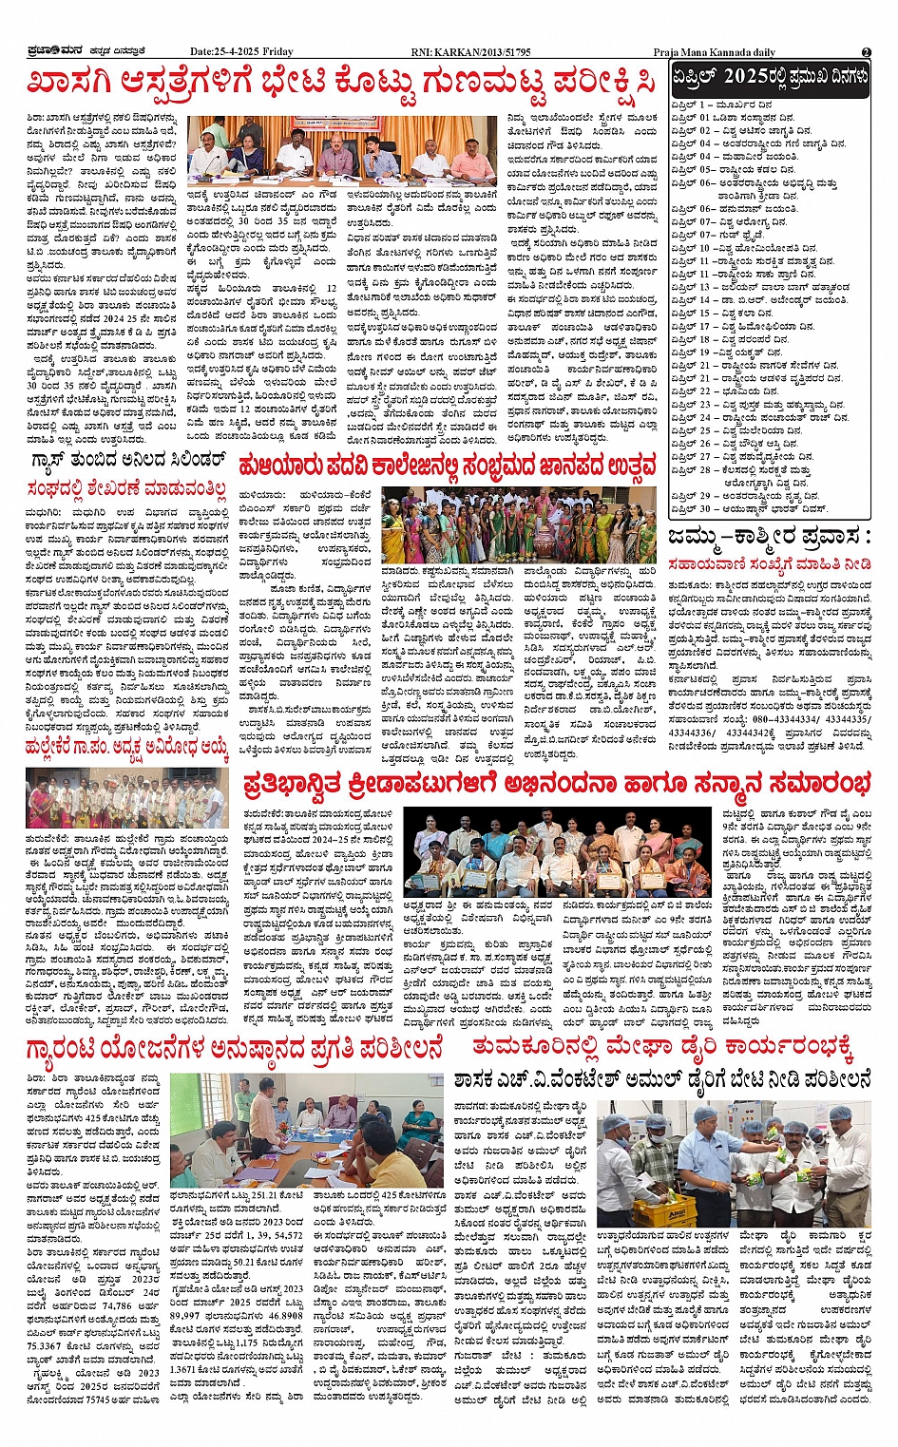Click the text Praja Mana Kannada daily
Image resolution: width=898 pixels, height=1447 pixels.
[714, 52]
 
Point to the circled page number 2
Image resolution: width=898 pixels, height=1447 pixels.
[866, 52]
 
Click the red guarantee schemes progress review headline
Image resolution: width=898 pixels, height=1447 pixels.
[235, 1050]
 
